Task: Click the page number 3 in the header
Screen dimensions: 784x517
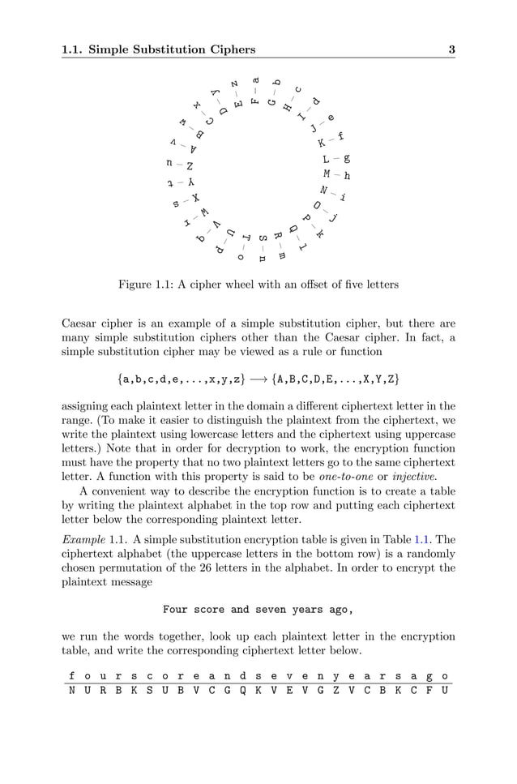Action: (451, 49)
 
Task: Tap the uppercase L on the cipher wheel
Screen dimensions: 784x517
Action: (326, 160)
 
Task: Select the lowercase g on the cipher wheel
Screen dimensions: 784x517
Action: (347, 159)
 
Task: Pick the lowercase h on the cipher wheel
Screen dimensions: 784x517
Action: (348, 175)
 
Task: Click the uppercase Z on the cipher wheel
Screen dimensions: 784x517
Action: (190, 166)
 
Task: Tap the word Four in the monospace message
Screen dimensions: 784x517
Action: (177, 609)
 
